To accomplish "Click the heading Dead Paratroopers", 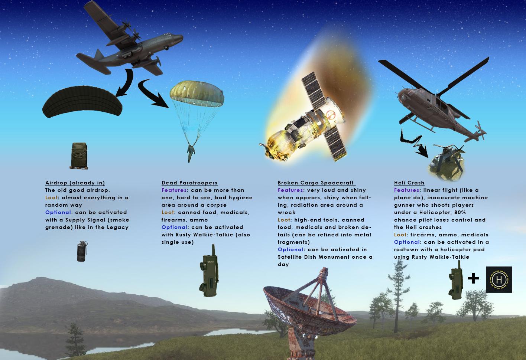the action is [x=189, y=183].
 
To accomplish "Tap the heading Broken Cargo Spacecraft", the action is [x=316, y=183].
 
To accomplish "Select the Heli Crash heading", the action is [x=409, y=183].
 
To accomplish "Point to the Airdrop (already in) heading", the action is [x=75, y=183].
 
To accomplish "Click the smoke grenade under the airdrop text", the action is [x=82, y=251].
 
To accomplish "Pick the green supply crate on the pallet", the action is [x=79, y=156].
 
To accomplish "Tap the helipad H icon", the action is [x=499, y=279].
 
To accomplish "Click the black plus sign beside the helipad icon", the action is [x=473, y=278].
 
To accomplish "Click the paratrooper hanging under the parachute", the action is [x=191, y=153].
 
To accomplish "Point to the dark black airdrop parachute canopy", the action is [x=82, y=101].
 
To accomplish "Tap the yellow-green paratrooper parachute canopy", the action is [x=197, y=93].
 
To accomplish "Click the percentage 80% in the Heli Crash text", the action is [x=460, y=212].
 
